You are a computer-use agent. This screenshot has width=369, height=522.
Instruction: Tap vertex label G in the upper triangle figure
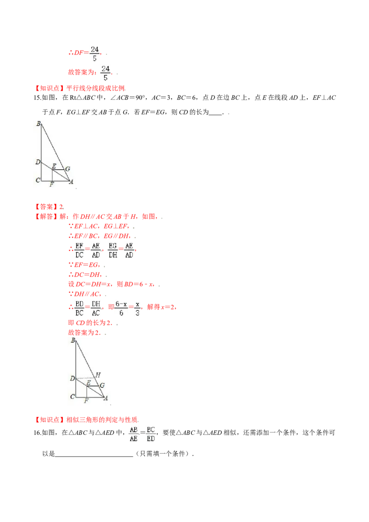[x=67, y=169]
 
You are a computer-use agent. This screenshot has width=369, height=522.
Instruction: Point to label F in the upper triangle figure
[x=51, y=184]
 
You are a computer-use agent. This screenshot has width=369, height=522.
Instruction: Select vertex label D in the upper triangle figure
[x=38, y=162]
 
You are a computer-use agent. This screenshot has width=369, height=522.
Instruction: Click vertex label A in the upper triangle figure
[x=71, y=182]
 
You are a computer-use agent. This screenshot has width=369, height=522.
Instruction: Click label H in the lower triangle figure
[x=97, y=374]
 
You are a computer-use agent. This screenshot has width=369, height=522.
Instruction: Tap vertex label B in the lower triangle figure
[x=73, y=341]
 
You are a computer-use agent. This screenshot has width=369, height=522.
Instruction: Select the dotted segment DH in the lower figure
[x=86, y=379]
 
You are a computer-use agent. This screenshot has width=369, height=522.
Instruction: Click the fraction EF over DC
[x=79, y=250]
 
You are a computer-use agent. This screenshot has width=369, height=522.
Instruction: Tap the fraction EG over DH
[x=113, y=250]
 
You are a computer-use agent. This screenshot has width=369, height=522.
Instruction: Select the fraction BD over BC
[x=79, y=308]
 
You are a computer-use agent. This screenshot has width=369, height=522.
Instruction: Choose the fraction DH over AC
[x=95, y=308]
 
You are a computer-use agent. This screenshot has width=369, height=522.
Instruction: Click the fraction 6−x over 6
[x=121, y=308]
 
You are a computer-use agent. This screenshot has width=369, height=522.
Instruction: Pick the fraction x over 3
[x=138, y=308]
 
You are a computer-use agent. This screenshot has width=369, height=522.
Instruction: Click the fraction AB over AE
[x=134, y=433]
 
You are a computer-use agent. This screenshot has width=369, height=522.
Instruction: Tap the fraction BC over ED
[x=151, y=433]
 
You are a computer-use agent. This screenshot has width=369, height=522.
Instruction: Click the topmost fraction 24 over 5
[x=95, y=53]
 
